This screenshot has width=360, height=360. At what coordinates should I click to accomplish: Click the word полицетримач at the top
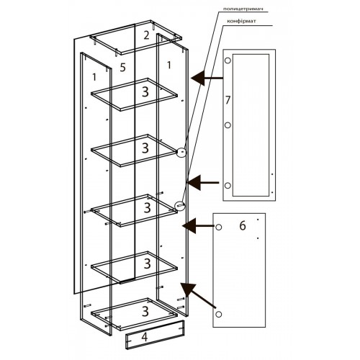point(243,9)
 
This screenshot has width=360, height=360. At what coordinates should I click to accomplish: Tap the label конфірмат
point(241,21)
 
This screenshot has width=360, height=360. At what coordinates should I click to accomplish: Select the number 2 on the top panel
point(146,35)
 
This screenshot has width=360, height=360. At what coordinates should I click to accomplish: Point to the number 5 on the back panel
point(122,68)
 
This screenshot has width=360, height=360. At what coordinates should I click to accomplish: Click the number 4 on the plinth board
point(144,337)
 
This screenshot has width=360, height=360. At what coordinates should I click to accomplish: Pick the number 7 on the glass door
point(228,100)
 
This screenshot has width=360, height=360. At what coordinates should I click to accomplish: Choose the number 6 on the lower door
point(243,225)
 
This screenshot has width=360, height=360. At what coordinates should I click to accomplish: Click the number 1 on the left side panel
point(94,77)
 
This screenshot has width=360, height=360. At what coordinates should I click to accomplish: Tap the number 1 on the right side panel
point(169,65)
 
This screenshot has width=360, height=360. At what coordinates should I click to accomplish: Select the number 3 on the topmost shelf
point(145,91)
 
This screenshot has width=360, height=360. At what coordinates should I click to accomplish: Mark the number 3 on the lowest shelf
point(145,311)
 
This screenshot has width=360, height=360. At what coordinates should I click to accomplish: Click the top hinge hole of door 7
point(228,60)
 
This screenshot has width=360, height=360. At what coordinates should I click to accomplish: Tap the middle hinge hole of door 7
point(228,125)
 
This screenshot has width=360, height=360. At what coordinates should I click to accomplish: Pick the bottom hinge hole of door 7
point(228,186)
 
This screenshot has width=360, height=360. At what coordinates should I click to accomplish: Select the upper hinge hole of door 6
point(219,227)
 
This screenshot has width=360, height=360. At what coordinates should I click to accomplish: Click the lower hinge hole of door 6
point(219,314)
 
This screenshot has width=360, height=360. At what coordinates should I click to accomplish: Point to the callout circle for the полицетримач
point(181,152)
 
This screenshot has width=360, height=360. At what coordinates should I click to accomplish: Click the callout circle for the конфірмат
point(180,205)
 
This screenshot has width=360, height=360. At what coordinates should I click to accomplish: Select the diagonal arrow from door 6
point(198,295)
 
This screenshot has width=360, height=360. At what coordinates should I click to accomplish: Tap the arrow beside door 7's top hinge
point(207,78)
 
